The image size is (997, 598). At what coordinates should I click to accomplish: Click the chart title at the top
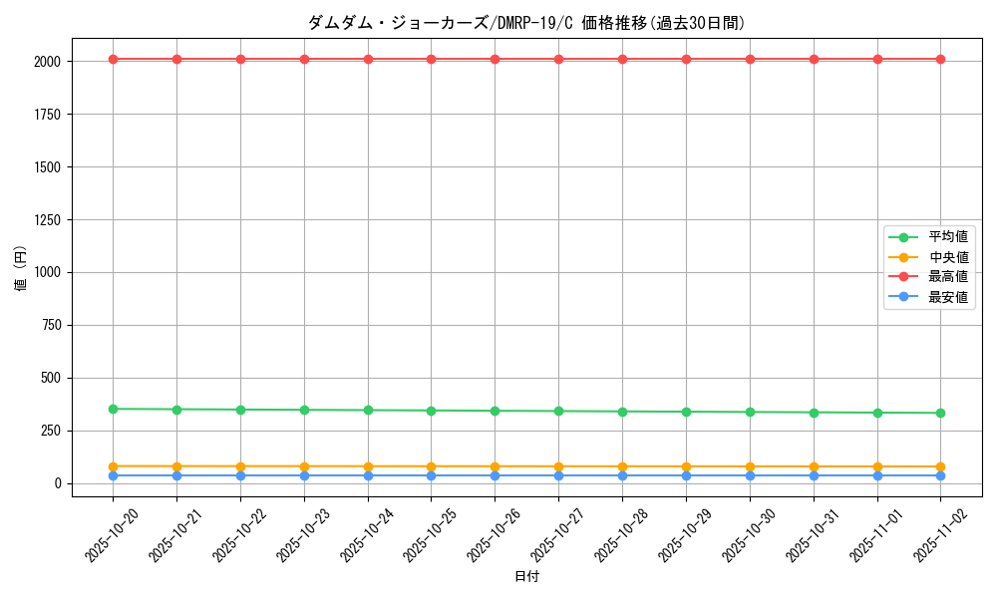[526, 23]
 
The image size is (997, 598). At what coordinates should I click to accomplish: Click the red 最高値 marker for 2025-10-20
[114, 60]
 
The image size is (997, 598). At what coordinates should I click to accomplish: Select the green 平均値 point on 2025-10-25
[432, 411]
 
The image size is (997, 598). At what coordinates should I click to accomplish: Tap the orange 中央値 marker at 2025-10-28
[622, 466]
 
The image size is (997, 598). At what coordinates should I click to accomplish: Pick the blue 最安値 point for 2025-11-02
[940, 475]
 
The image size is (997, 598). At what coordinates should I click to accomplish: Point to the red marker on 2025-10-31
[814, 60]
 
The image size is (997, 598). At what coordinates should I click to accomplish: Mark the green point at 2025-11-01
[877, 413]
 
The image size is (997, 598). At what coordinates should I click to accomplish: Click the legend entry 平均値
[947, 237]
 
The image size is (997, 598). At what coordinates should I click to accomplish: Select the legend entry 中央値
[947, 257]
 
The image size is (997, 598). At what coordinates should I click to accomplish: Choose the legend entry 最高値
[947, 277]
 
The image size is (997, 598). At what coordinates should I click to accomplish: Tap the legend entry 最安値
[947, 297]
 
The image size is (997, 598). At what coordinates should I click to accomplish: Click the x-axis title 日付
[526, 577]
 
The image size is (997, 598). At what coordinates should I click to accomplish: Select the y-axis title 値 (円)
[21, 268]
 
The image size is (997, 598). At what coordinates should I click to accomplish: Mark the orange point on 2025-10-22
[240, 466]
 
